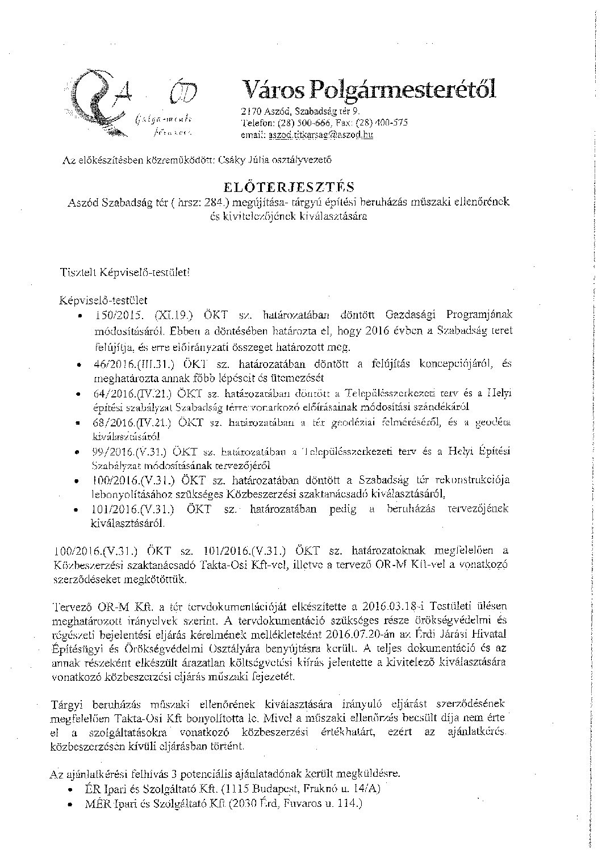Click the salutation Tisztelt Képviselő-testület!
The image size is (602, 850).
(125, 272)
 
